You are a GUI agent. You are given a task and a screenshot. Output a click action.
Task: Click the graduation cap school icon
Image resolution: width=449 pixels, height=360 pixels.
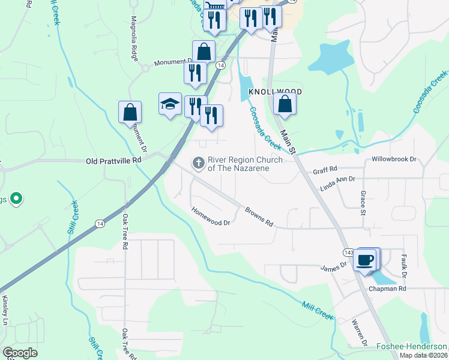tap(170, 104)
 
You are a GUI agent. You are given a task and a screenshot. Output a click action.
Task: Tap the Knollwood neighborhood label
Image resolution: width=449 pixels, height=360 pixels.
tap(274, 91)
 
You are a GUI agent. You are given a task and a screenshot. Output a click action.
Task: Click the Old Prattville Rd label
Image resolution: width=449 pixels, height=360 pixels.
tap(113, 161)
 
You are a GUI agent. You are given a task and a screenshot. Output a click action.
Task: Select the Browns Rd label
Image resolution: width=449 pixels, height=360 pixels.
tap(259, 217)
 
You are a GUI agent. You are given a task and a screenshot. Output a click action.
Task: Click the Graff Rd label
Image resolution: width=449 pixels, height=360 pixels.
tap(325, 171)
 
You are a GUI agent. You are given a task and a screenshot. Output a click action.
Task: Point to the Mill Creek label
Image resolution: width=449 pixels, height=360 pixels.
tap(317, 310)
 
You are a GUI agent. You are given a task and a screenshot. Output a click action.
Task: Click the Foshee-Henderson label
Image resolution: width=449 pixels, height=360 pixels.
tap(411, 346)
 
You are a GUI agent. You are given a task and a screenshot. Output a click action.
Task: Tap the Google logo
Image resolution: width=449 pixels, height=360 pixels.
tap(20, 353)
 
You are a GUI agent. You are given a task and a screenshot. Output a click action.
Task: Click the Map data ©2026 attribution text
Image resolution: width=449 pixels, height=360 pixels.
tap(424, 355)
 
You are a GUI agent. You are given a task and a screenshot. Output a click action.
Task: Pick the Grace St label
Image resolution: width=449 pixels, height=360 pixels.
tap(363, 203)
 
